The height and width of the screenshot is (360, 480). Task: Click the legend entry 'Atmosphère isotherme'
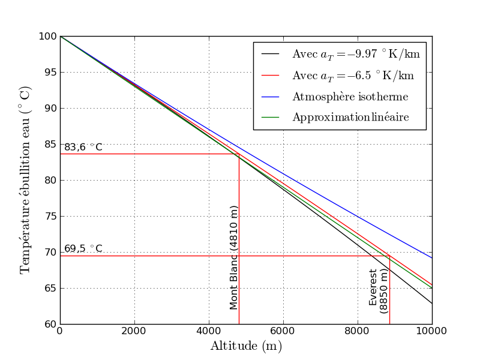350,97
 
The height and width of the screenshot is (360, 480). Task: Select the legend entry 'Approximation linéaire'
350,118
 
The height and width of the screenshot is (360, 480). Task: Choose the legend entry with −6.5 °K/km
352,76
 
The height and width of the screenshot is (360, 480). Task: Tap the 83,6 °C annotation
83,147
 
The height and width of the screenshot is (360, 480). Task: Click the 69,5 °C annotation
83,248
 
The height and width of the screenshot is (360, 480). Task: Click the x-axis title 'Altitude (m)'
245,346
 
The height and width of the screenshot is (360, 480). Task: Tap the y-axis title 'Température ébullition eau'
25,180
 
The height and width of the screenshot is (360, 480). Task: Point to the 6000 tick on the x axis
283,331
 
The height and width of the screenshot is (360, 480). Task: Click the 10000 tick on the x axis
432,331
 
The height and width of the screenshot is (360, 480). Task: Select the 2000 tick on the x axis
134,331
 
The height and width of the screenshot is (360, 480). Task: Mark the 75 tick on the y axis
50,216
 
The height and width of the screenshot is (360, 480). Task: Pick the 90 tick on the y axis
50,108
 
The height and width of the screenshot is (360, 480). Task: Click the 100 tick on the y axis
47,37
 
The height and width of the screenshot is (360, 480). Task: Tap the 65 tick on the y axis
50,288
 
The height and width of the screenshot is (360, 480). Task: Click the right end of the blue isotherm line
432,258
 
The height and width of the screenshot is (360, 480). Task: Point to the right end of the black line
432,304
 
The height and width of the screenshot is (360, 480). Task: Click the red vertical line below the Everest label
389,318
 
